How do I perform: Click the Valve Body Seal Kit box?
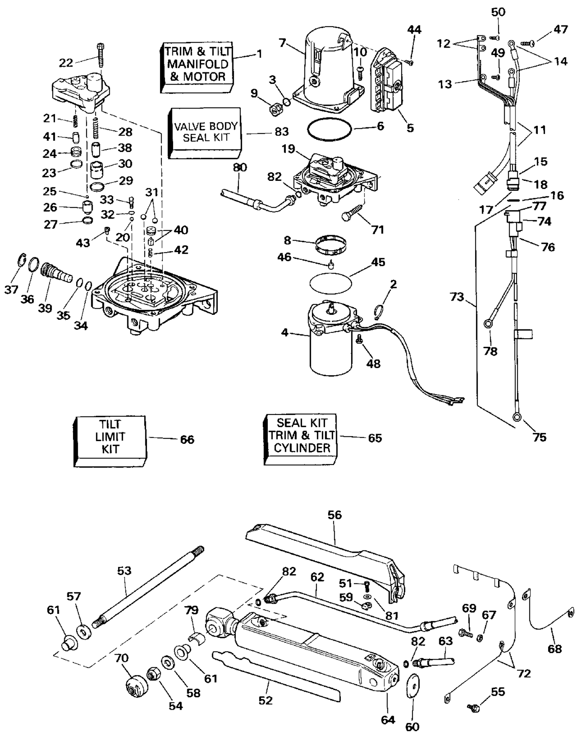[204, 133]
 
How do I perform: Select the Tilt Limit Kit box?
[110, 441]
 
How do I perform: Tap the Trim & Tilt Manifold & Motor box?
[197, 67]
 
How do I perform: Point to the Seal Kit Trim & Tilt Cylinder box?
[300, 440]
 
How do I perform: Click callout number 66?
[187, 439]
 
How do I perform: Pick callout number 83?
[282, 132]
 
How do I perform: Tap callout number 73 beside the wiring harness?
[457, 297]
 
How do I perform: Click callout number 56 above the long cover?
[335, 515]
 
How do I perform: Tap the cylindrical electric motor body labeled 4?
[331, 354]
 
